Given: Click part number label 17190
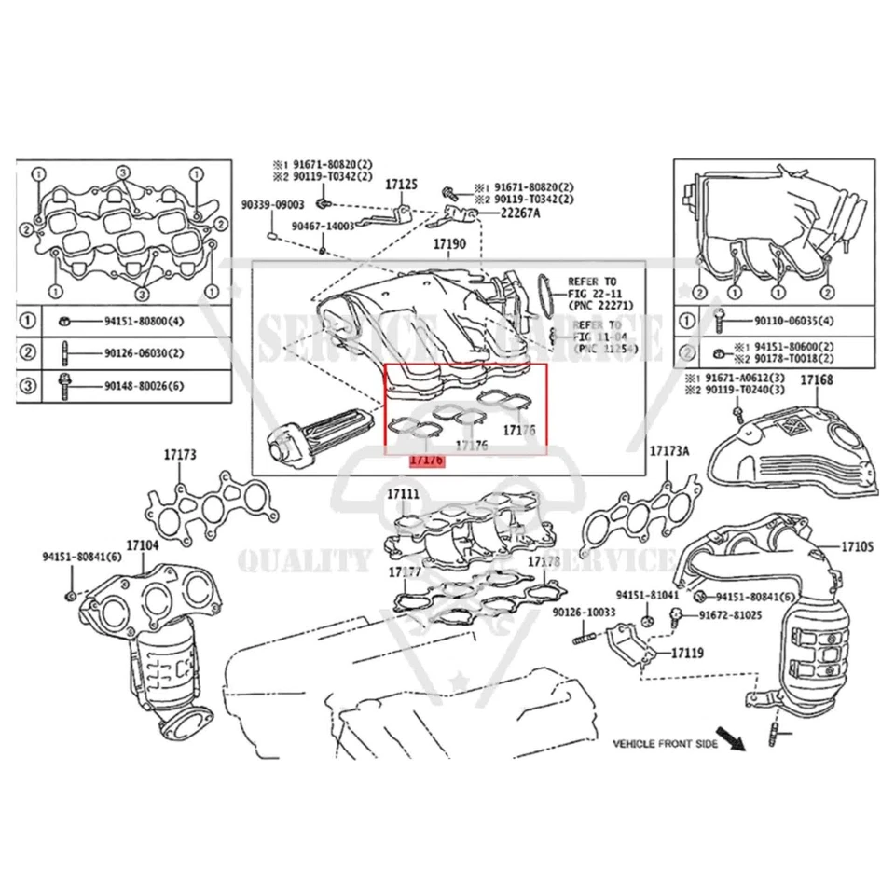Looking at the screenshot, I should (x=449, y=245).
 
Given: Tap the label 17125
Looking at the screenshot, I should (x=402, y=186).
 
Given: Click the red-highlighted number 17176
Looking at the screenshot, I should (x=427, y=461).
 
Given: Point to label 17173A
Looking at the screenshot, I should (x=669, y=450).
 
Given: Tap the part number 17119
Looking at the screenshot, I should (x=686, y=654).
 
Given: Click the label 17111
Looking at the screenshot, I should (x=403, y=493).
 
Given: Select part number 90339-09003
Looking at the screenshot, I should (x=273, y=204).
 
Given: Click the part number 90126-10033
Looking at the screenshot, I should (x=584, y=613).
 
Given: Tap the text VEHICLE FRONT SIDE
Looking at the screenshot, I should (x=666, y=744).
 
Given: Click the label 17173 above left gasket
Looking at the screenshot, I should (x=180, y=455).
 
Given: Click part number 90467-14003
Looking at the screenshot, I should (x=323, y=227).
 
